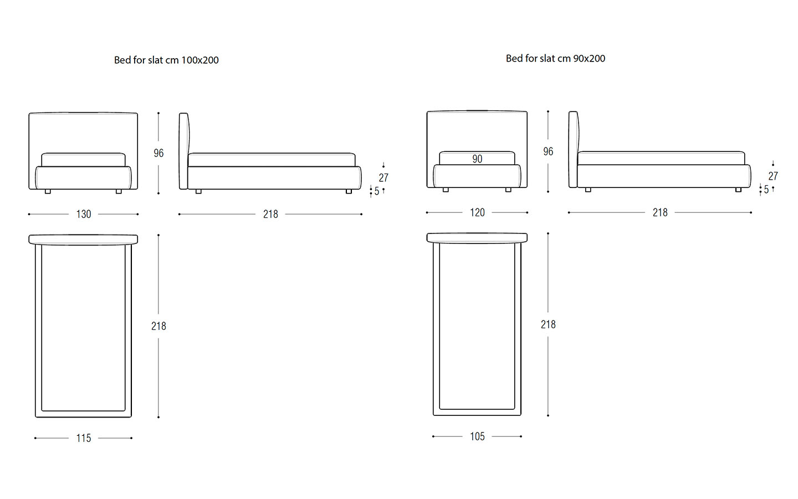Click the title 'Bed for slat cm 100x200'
pyautogui.click(x=166, y=60)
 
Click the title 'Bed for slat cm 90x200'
pyautogui.click(x=555, y=58)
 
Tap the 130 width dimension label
pyautogui.click(x=84, y=214)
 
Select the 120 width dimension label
pyautogui.click(x=477, y=213)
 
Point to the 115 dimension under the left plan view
pyautogui.click(x=84, y=438)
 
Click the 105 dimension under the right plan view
pyautogui.click(x=477, y=437)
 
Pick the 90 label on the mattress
pyautogui.click(x=477, y=159)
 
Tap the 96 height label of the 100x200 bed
pyautogui.click(x=158, y=153)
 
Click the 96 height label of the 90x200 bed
pyautogui.click(x=548, y=152)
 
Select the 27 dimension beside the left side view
pyautogui.click(x=383, y=177)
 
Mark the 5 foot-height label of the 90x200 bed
pyautogui.click(x=766, y=190)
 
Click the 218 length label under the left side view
pyautogui.click(x=270, y=214)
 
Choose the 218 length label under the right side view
pyautogui.click(x=660, y=213)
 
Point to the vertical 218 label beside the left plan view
pyautogui.click(x=158, y=326)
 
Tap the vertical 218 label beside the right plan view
pyautogui.click(x=548, y=325)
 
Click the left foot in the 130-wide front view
pyautogui.click(x=48, y=191)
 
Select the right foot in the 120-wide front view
pyautogui.click(x=508, y=190)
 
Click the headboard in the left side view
pyautogui.click(x=184, y=151)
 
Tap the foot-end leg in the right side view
pyautogui.click(x=739, y=190)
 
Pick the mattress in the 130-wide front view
pyautogui.click(x=83, y=160)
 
